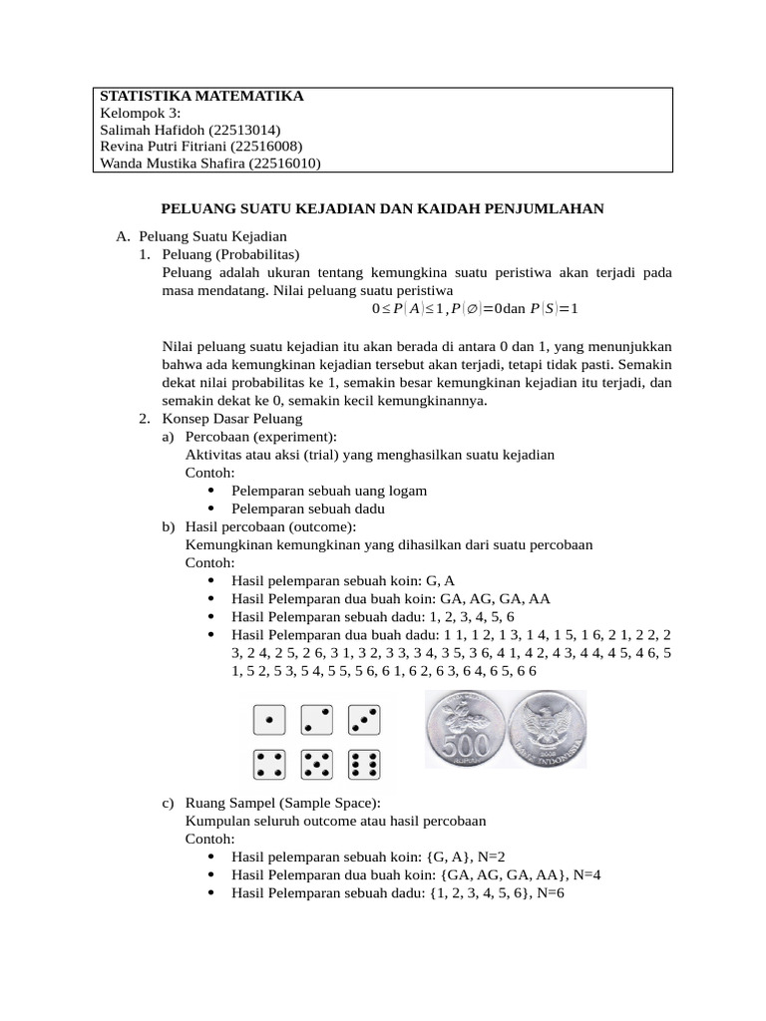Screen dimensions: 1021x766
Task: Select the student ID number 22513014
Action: pos(245,130)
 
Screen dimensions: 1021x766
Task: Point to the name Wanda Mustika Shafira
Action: pos(171,164)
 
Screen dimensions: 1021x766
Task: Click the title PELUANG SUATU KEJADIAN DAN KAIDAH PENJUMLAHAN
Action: pos(383,209)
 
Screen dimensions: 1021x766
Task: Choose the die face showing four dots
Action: pos(268,764)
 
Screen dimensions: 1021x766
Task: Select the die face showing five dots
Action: pos(316,764)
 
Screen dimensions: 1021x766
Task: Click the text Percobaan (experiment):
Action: pos(260,436)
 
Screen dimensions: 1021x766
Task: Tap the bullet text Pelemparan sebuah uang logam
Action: pos(329,491)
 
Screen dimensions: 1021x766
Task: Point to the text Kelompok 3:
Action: pos(141,113)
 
